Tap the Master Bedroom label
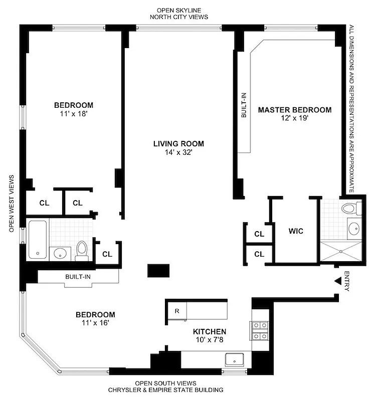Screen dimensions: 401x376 [x=294, y=110]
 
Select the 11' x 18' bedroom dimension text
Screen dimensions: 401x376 [x=74, y=114]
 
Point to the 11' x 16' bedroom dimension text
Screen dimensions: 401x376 [x=95, y=323]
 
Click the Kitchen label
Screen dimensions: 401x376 [x=210, y=332]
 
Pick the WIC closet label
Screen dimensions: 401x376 [x=296, y=232]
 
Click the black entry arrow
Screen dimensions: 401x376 [x=338, y=283]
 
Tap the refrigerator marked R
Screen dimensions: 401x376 [x=177, y=310]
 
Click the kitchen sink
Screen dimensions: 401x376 [x=235, y=359]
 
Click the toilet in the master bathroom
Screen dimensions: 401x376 [x=349, y=208]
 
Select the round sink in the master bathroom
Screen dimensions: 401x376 [x=353, y=229]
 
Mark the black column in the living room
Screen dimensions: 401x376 [x=159, y=271]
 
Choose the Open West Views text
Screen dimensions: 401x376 [x=11, y=204]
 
